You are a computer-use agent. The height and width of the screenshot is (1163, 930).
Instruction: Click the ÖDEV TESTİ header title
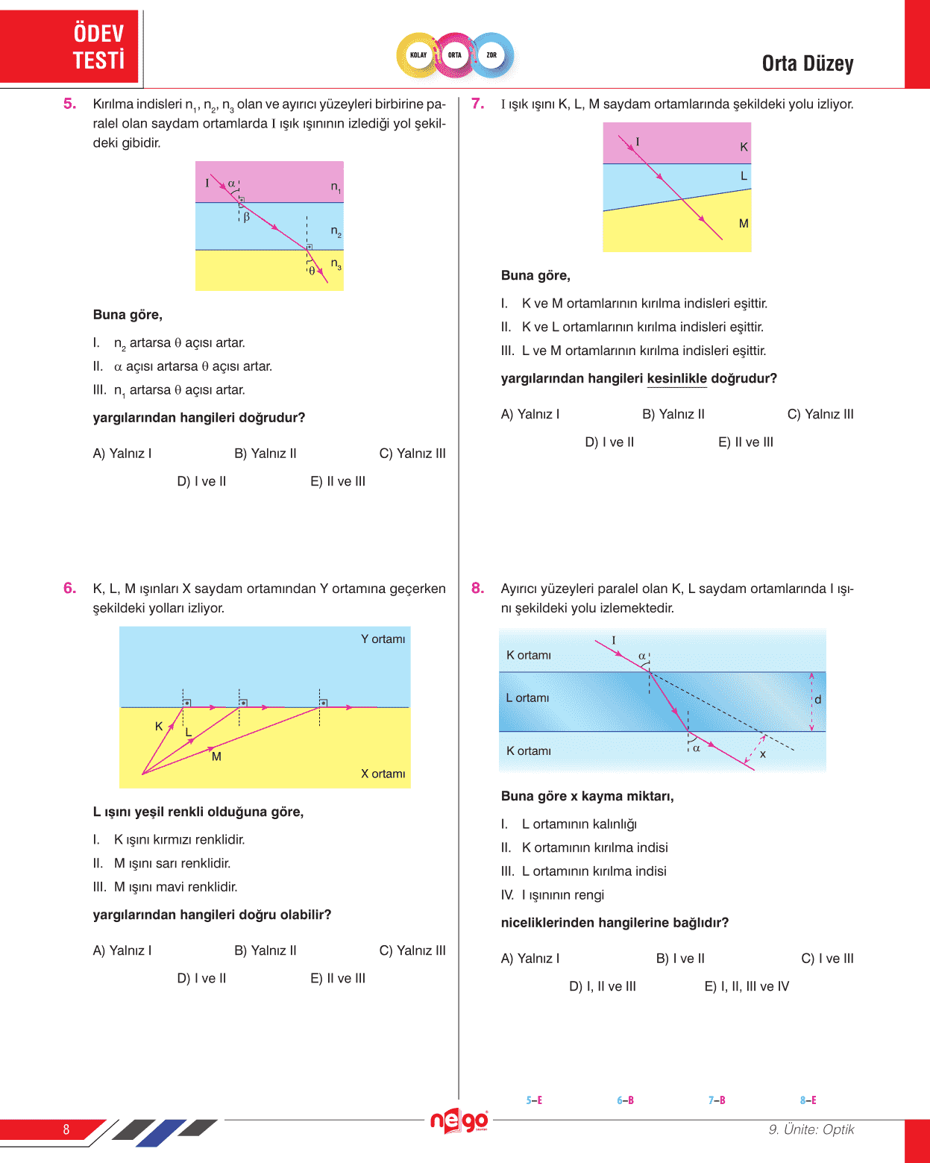(x=98, y=46)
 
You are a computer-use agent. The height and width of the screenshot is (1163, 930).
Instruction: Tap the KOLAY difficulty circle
(x=418, y=55)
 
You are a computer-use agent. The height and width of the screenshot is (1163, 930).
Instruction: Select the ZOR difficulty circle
(x=491, y=55)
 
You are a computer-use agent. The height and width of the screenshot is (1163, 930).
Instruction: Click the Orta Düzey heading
(x=808, y=64)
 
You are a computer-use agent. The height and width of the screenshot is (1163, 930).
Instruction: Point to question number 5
(x=70, y=104)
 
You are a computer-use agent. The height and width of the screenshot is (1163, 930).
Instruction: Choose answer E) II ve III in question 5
(x=338, y=482)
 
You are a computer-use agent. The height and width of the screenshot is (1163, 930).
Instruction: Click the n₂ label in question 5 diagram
(x=336, y=232)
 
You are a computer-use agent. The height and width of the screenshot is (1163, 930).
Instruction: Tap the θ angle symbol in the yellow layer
(x=312, y=271)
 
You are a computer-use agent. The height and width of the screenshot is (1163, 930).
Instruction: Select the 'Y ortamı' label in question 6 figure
(x=383, y=639)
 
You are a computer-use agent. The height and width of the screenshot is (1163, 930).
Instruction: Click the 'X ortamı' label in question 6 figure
(x=383, y=774)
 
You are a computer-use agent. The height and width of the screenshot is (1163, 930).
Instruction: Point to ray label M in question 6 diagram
(x=216, y=756)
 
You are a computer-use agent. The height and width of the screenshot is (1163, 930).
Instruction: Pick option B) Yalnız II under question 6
(x=266, y=950)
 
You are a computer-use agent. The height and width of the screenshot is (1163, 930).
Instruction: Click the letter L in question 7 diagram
(x=744, y=176)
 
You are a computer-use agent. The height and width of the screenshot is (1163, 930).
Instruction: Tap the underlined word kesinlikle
(x=676, y=379)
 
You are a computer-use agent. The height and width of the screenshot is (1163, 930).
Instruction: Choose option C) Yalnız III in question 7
(x=820, y=415)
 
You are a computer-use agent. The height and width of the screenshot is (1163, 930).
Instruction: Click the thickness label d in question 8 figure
(x=818, y=700)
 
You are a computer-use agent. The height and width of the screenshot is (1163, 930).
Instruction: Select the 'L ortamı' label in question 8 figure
(x=527, y=698)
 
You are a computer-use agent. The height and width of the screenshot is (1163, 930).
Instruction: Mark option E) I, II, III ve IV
(x=747, y=987)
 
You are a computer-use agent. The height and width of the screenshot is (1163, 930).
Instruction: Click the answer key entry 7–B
(x=717, y=1100)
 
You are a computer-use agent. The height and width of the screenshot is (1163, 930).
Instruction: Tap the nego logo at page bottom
(x=459, y=1121)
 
